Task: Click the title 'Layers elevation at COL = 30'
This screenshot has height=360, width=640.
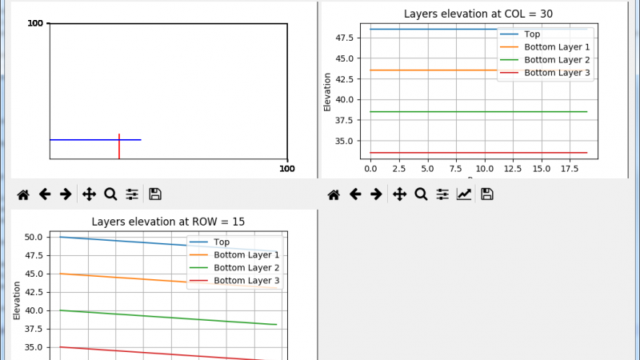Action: (x=478, y=14)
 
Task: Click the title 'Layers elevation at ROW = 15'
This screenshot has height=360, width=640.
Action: (x=168, y=222)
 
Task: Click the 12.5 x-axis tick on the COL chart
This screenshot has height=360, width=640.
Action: (x=513, y=169)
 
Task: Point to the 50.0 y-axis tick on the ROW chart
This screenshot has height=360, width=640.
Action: (x=34, y=237)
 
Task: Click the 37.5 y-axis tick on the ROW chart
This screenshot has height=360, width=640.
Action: (x=34, y=329)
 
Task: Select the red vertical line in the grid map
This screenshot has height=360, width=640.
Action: (x=119, y=146)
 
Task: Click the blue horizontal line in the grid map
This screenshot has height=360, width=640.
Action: (x=95, y=140)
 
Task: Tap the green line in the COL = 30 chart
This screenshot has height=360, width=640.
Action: (x=478, y=112)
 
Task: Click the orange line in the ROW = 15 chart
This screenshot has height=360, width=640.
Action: (x=169, y=281)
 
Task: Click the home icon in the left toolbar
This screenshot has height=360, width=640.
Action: (x=23, y=194)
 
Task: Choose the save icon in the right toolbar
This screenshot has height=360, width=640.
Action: (x=487, y=194)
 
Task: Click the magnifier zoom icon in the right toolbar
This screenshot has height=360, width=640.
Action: (x=421, y=194)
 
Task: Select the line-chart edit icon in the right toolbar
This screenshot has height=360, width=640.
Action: (x=464, y=194)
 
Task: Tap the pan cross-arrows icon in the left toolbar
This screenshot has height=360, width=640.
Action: (x=89, y=194)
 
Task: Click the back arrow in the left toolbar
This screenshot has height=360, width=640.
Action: (x=45, y=194)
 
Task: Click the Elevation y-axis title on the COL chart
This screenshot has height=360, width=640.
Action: (x=327, y=92)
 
